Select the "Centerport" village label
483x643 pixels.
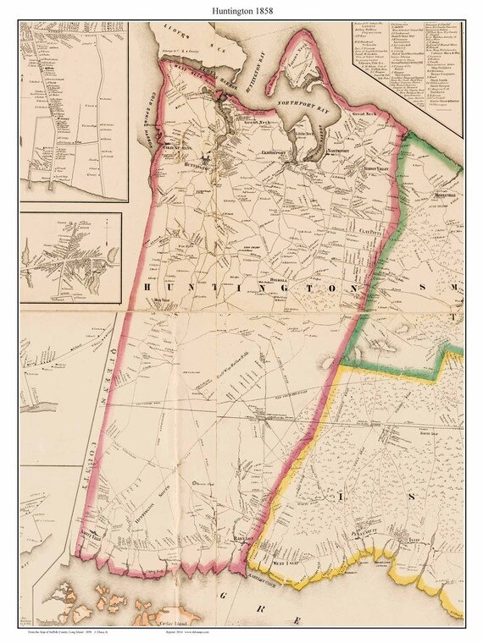[x=285, y=153]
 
